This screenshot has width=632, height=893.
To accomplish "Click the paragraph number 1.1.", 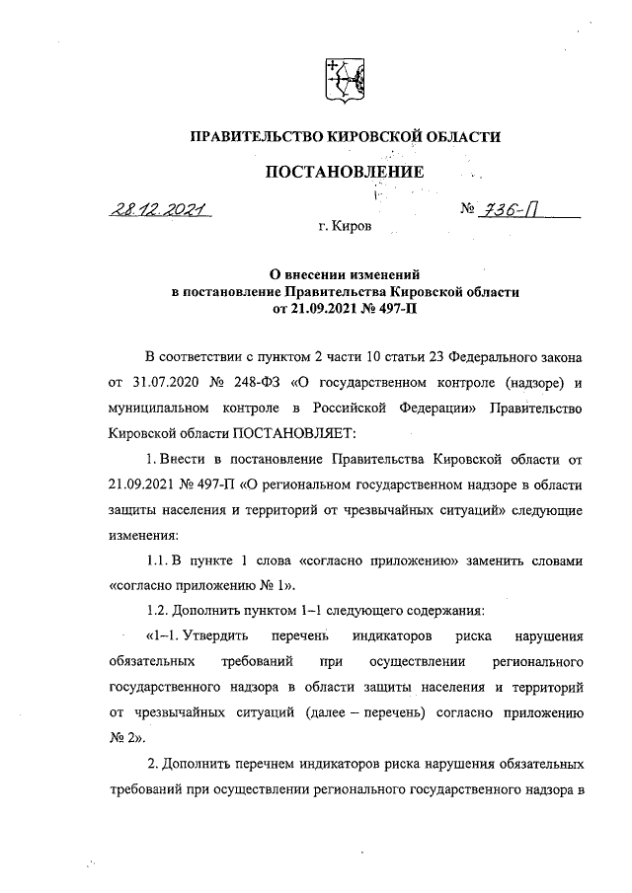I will click(x=159, y=560).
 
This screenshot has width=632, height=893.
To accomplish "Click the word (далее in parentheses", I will click(x=307, y=711).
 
